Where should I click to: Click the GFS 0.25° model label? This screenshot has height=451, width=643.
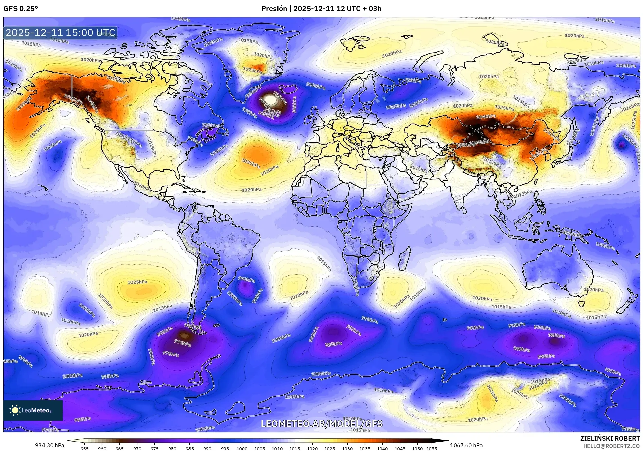[x=21, y=9]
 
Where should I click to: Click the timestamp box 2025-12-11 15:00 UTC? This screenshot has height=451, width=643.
[x=60, y=33]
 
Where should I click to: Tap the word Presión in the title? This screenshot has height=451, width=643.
[x=274, y=9]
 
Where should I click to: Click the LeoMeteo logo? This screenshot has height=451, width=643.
[x=33, y=410]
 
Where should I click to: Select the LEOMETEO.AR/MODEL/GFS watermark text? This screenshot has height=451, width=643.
[x=321, y=424]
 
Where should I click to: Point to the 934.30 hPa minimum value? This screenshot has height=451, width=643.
[x=50, y=445]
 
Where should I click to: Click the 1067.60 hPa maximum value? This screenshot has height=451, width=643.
[x=466, y=445]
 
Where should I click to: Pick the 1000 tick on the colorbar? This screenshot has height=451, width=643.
[x=242, y=449]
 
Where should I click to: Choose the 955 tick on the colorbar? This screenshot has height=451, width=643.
[x=85, y=449]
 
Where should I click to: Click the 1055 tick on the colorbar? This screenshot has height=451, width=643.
[x=431, y=449]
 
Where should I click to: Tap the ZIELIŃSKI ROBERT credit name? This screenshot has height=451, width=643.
[x=610, y=438]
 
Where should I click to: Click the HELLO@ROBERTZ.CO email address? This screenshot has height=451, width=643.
[x=611, y=446]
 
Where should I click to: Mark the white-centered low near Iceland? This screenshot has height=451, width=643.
[x=271, y=100]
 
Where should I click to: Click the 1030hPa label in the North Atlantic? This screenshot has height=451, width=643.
[x=251, y=163]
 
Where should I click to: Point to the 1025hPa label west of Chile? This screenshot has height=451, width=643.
[x=137, y=282]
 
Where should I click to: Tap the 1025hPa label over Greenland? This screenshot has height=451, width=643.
[x=252, y=70]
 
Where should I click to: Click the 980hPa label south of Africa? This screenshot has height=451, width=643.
[x=333, y=344]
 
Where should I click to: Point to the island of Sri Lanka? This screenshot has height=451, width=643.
[x=465, y=210]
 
